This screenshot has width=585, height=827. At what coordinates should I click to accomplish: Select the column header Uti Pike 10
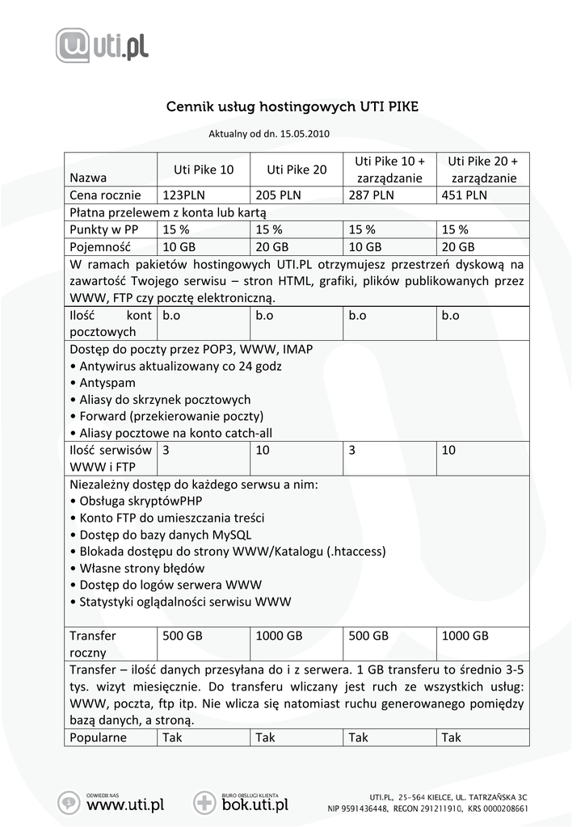204,170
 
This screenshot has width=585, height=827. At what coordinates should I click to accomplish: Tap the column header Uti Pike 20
297,170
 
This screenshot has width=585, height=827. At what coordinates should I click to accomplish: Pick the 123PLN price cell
184,195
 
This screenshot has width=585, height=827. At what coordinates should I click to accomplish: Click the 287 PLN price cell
372,195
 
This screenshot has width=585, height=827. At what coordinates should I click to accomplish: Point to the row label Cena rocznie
105,195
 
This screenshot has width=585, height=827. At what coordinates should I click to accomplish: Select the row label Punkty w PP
103,229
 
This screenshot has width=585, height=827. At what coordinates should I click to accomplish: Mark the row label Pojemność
100,246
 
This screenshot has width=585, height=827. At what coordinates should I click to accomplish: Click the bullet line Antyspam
107,383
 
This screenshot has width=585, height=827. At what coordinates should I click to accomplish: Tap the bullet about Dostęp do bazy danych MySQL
165,535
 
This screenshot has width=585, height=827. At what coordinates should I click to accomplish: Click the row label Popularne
98,737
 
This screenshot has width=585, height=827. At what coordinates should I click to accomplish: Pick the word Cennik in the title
187,107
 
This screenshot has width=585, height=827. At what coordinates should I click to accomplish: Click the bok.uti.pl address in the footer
255,804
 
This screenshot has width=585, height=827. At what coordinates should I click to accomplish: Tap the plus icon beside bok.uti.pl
204,803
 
